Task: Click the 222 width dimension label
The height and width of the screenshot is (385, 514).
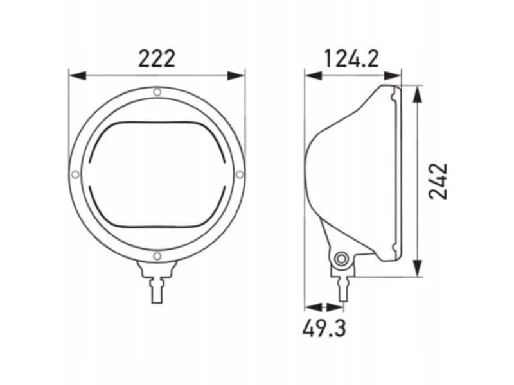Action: tap(157, 58)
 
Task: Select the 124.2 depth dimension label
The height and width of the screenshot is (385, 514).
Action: tap(351, 58)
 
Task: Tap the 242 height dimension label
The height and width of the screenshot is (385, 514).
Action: tap(438, 181)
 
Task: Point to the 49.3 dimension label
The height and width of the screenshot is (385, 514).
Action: tap(324, 329)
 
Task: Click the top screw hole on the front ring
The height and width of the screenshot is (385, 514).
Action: tap(157, 92)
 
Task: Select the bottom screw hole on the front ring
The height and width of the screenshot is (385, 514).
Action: tap(157, 255)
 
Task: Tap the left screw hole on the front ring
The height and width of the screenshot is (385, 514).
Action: tap(75, 175)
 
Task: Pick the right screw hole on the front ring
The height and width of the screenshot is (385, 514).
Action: tap(240, 174)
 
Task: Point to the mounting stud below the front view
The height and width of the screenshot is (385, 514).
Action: tap(157, 290)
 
